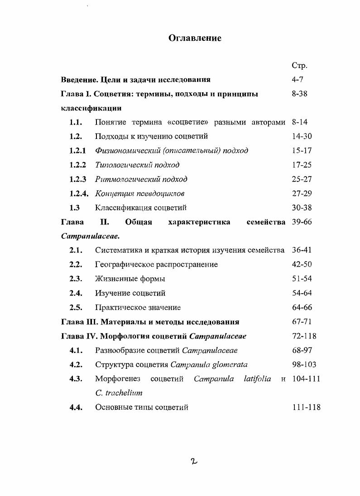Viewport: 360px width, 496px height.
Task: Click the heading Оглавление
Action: click(195, 38)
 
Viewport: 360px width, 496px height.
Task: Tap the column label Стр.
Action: click(299, 66)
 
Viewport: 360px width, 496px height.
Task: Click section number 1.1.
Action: click(76, 122)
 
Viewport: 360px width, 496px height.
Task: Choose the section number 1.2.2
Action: click(77, 165)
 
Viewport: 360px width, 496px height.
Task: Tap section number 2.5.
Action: click(76, 307)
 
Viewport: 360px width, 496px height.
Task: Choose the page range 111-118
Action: click(306, 407)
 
